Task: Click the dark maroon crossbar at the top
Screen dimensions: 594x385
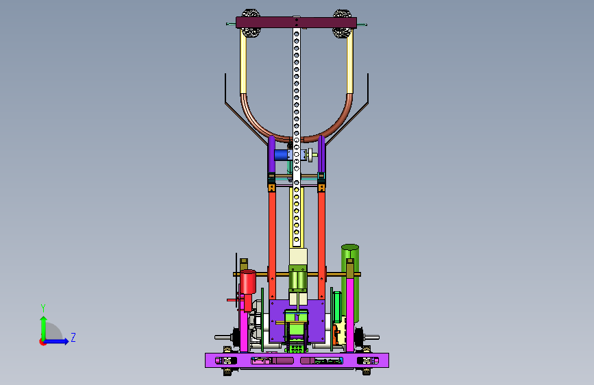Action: pos(296,23)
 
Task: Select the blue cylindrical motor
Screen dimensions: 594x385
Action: pos(281,155)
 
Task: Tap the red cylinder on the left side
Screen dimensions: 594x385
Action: pos(248,282)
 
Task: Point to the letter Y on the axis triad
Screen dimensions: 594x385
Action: pos(43,308)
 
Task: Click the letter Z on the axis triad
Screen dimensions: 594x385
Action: pos(73,337)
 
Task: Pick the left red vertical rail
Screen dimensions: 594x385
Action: pos(272,245)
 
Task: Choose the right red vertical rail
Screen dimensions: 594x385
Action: pos(321,245)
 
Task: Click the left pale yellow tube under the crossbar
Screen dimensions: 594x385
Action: pos(243,62)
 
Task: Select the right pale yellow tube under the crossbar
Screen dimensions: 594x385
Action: pos(349,62)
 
